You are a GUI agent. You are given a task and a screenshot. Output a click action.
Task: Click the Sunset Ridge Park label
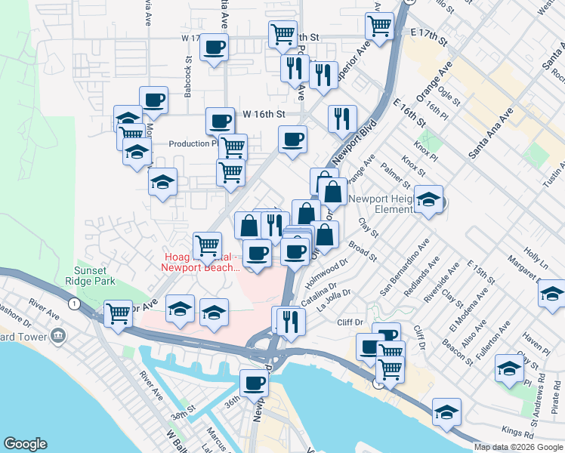[x=94, y=276]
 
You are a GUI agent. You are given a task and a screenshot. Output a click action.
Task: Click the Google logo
[x=25, y=444]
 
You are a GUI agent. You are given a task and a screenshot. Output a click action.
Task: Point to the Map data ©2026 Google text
[x=518, y=447]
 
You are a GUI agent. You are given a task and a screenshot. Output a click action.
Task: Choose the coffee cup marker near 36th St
[x=255, y=383]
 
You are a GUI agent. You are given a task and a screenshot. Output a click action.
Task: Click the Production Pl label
[x=193, y=143]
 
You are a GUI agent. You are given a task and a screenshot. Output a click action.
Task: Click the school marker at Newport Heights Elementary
[x=428, y=199]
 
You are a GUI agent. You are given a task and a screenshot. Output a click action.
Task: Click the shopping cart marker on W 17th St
[x=282, y=33]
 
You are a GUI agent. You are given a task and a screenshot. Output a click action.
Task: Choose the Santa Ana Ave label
[x=490, y=132]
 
